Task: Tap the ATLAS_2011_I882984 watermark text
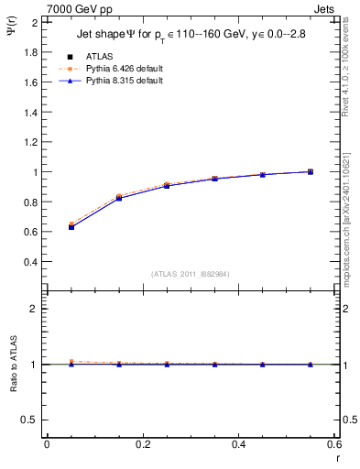tap(190, 275)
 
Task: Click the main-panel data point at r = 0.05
tap(71, 226)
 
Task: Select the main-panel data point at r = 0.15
tap(118, 198)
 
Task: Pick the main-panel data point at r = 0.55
tap(310, 171)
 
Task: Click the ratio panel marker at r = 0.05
tap(71, 363)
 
